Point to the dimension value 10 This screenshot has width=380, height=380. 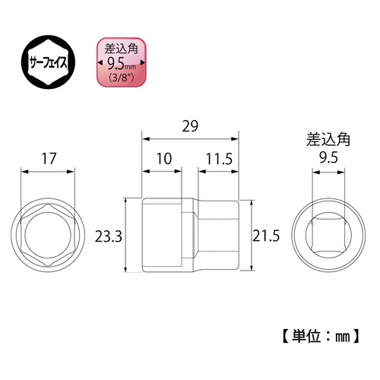point(163,160)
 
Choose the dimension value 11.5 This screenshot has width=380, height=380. point(217,160)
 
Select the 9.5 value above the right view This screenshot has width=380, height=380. point(328,160)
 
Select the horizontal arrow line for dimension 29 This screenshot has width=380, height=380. point(190,139)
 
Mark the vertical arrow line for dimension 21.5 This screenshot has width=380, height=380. point(252,236)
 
